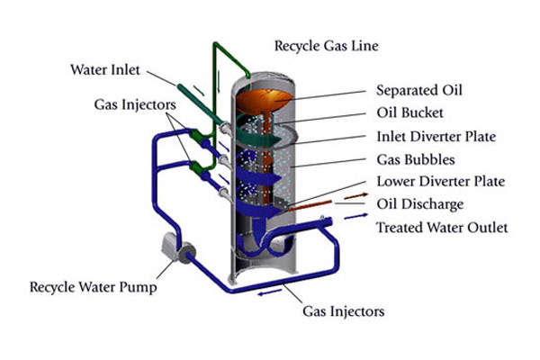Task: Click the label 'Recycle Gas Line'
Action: click(326, 44)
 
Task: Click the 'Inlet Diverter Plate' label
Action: click(435, 138)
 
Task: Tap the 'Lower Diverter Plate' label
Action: click(436, 183)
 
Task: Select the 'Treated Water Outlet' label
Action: click(441, 228)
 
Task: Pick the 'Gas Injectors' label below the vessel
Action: click(342, 311)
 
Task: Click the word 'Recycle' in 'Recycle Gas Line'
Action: click(296, 44)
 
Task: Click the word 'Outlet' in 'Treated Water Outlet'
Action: click(486, 228)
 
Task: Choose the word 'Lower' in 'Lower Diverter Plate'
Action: click(393, 183)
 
